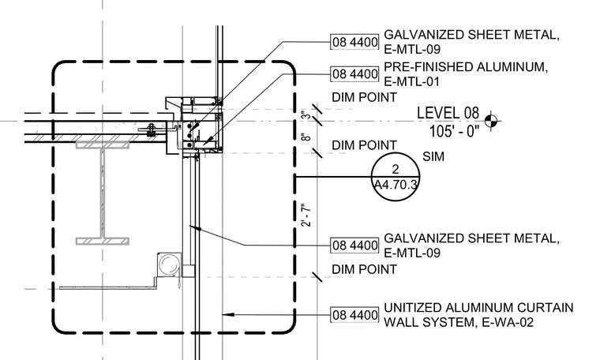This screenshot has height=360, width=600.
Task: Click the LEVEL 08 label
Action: pyautogui.click(x=448, y=113)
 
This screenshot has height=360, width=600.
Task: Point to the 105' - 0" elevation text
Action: pyautogui.click(x=454, y=132)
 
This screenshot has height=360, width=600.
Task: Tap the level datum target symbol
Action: pyautogui.click(x=491, y=122)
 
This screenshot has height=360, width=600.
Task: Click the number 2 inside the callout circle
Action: pyautogui.click(x=396, y=169)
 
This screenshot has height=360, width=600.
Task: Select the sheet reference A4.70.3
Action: pyautogui.click(x=396, y=185)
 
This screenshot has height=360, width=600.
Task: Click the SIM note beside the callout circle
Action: pyautogui.click(x=433, y=156)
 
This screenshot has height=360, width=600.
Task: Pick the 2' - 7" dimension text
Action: pyautogui.click(x=306, y=215)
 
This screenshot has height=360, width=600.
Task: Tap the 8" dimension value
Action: pyautogui.click(x=306, y=137)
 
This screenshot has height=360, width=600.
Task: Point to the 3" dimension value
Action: pyautogui.click(x=306, y=116)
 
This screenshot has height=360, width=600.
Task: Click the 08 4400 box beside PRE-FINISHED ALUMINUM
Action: pyautogui.click(x=354, y=74)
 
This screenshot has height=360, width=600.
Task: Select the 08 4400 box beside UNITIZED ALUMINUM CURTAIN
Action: pyautogui.click(x=354, y=315)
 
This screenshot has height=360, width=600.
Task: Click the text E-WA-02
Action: pyautogui.click(x=508, y=323)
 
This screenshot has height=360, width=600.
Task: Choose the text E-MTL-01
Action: pyautogui.click(x=412, y=81)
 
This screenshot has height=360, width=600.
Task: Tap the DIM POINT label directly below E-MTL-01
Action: pyautogui.click(x=364, y=97)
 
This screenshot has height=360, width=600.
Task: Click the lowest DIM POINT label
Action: pyautogui.click(x=364, y=269)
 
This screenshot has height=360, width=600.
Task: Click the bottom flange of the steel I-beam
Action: pyautogui.click(x=103, y=241)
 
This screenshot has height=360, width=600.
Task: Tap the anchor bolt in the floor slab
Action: pyautogui.click(x=151, y=130)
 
